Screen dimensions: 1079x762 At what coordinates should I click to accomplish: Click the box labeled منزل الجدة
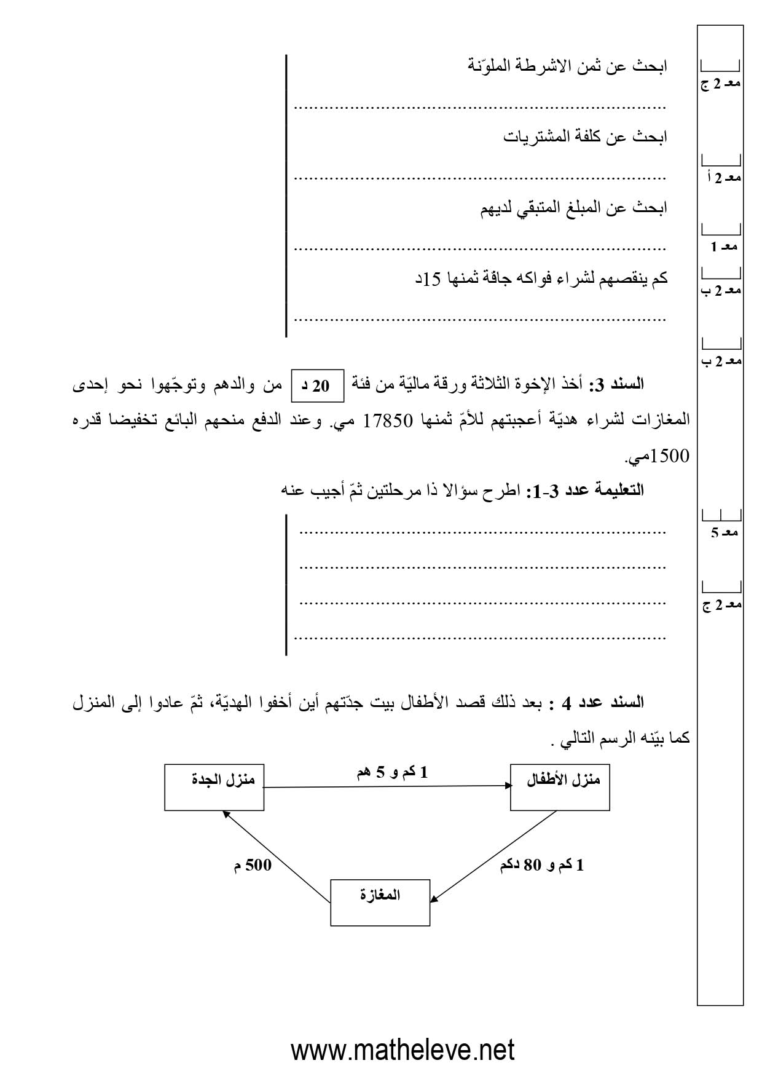pyautogui.click(x=214, y=787)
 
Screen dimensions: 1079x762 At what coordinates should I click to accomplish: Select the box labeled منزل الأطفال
pyautogui.click(x=560, y=787)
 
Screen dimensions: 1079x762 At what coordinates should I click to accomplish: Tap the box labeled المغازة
pyautogui.click(x=380, y=903)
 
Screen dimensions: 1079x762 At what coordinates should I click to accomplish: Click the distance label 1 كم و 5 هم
pyautogui.click(x=392, y=773)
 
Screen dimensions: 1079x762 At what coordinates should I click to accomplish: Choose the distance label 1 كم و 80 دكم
pyautogui.click(x=541, y=866)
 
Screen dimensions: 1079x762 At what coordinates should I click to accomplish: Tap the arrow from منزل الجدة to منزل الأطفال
pyautogui.click(x=387, y=786)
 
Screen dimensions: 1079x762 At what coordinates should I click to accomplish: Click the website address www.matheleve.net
pyautogui.click(x=403, y=1050)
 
